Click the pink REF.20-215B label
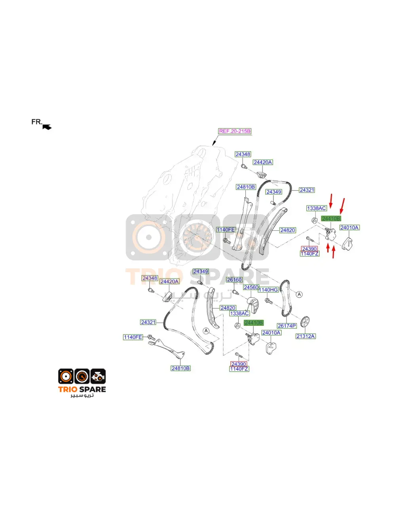235,131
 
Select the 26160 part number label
234,279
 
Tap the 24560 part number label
251,287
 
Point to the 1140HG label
268,290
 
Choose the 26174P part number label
287,326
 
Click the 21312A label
306,336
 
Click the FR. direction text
37,122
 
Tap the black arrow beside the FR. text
47,127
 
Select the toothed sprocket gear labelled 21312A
305,321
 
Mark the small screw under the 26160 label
235,292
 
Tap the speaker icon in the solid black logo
66,376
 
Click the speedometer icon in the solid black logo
82,376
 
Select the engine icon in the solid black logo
98,376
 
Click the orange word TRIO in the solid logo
68,390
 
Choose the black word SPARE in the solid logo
93,390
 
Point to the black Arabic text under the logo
82,395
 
